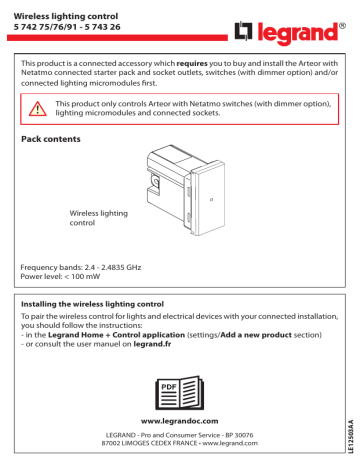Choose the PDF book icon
(180, 393)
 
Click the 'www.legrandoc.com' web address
(180, 424)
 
